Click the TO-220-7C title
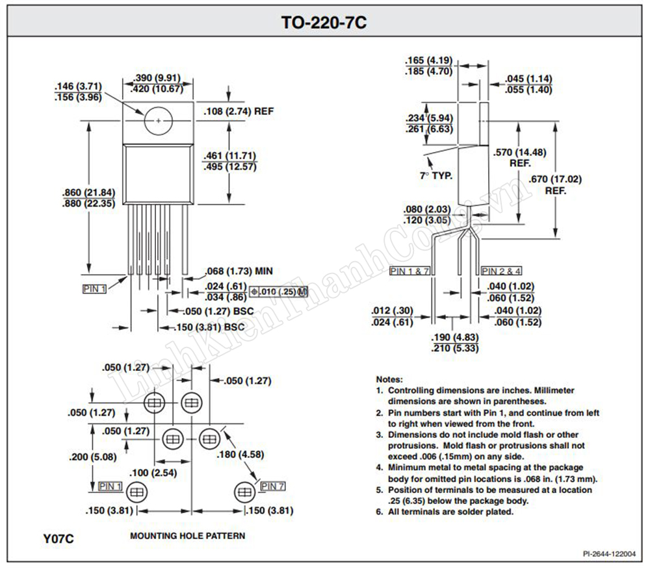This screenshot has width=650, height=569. point(324,22)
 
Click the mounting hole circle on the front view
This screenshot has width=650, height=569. point(159,121)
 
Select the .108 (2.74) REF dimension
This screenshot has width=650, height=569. point(239,112)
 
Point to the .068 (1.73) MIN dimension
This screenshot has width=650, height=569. point(239,272)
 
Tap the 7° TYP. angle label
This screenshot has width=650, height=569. point(436,175)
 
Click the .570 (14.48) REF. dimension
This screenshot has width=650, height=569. point(520,158)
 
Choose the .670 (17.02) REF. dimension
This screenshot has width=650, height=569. point(555,184)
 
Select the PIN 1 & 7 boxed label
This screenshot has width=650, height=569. point(409,272)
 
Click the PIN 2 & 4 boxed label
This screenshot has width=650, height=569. point(502,272)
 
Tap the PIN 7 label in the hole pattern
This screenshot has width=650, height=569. point(273,486)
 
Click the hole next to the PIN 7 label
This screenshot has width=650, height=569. point(245,492)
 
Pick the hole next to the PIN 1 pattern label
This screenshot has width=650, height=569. point(136,492)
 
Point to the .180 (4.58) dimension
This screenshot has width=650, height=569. point(240,454)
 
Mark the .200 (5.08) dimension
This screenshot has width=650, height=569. point(93,457)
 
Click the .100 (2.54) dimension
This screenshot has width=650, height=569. point(153,472)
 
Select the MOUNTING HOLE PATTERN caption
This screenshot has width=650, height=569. point(187,536)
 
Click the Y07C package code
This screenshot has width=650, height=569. point(58,538)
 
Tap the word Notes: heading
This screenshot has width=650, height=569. point(389,379)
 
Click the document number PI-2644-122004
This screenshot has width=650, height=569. point(609,554)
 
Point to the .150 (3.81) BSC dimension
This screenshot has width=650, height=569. point(209,327)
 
